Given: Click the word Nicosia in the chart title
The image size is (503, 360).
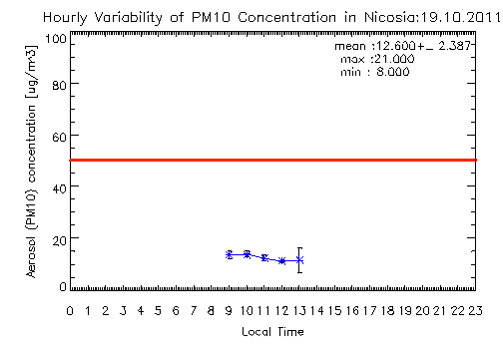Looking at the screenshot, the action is [x=390, y=17].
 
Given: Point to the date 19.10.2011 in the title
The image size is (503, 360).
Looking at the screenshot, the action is [x=460, y=17].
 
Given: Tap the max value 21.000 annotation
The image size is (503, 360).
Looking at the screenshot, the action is [x=394, y=59].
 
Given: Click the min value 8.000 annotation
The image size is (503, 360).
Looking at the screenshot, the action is [x=393, y=72].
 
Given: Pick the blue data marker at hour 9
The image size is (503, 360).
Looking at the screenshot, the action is [x=229, y=255].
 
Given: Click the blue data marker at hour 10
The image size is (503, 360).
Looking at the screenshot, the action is [x=247, y=254].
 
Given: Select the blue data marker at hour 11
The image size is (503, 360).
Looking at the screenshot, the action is [x=264, y=258].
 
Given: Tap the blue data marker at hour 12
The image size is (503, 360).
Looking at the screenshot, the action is [x=282, y=261].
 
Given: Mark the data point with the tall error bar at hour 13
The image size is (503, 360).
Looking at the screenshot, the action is [x=299, y=260].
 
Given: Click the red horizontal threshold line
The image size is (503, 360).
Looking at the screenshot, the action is [x=273, y=161].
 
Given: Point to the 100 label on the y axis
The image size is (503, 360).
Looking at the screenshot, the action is [x=56, y=39].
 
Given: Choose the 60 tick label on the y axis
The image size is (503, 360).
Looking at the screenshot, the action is [x=60, y=137].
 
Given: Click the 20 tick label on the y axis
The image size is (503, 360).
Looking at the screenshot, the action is [x=60, y=240].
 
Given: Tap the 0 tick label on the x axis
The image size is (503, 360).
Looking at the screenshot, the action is [x=70, y=311].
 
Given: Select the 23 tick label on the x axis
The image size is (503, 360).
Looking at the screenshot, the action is [x=475, y=311].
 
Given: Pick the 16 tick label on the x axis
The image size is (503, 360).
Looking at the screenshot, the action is [x=352, y=311].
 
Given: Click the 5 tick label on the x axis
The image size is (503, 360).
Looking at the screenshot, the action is [x=158, y=311].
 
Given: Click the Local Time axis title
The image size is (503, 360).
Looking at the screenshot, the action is [x=272, y=332].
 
